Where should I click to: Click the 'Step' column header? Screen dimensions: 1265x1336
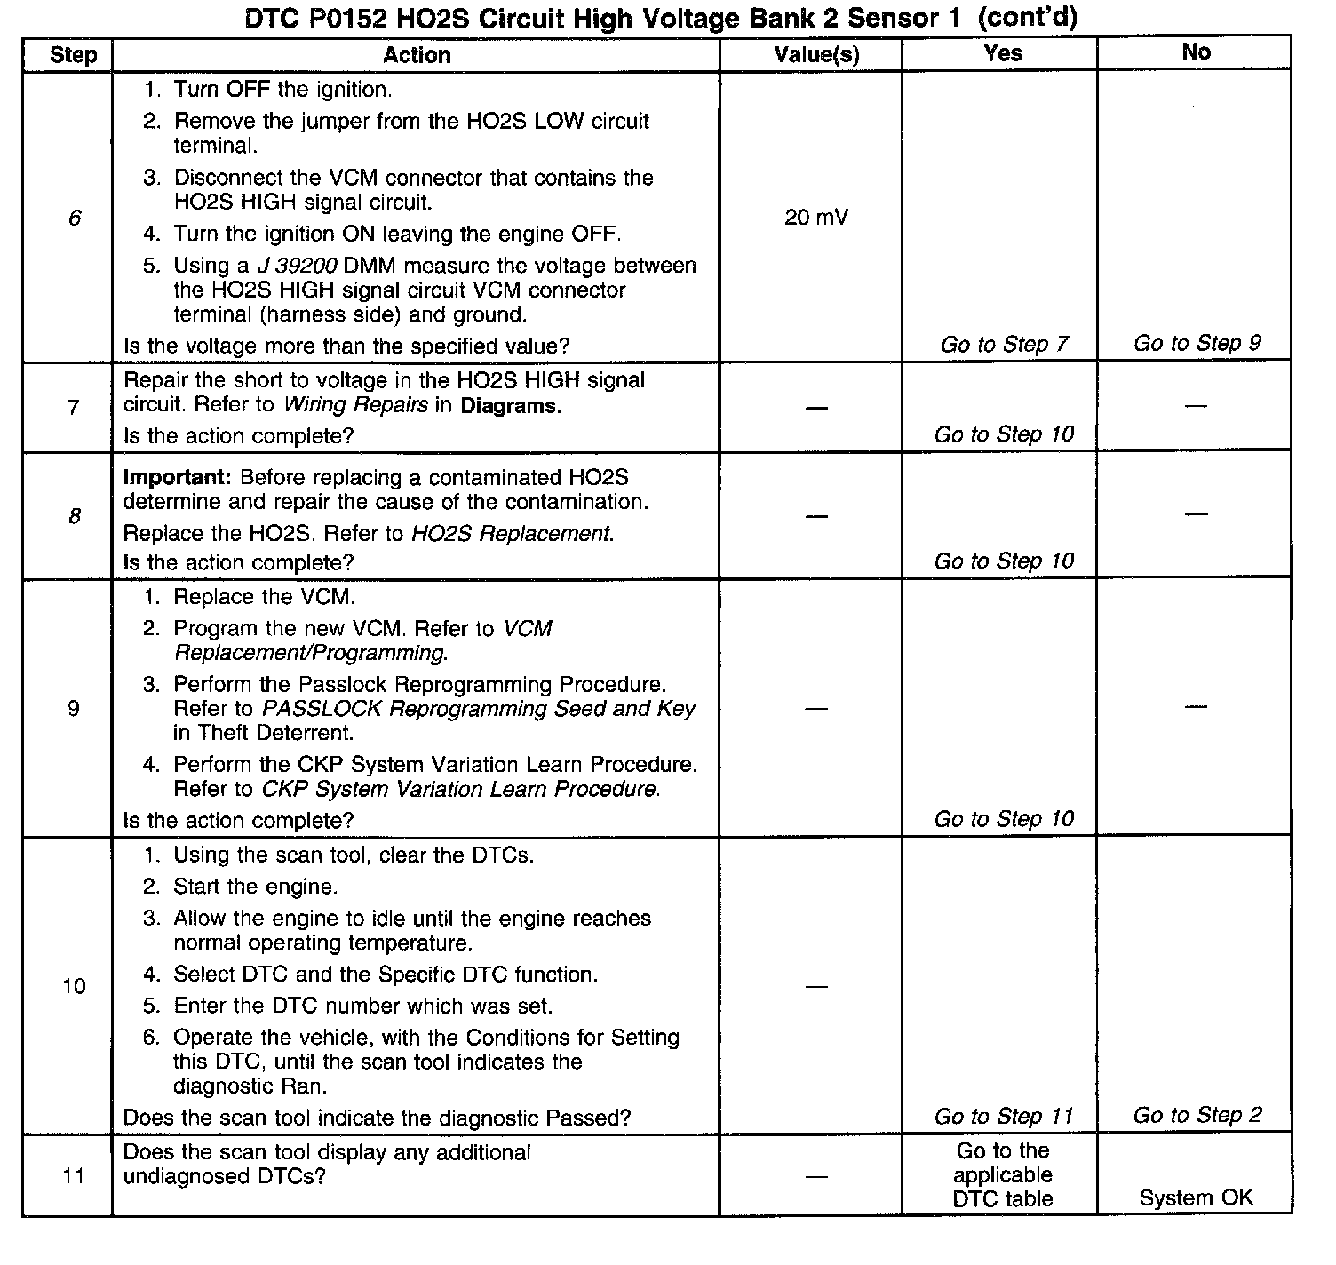tap(73, 55)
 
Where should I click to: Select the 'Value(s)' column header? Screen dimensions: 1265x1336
tap(816, 55)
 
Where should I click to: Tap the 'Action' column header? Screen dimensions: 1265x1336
tap(417, 55)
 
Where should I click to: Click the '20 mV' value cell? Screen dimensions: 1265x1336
tap(816, 217)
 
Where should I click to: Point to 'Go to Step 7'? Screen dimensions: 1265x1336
tap(1004, 345)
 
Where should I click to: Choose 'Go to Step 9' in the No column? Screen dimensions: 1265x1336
tap(1197, 344)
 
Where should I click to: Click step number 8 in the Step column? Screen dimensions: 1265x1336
tap(75, 516)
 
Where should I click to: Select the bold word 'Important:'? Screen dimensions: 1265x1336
tap(177, 477)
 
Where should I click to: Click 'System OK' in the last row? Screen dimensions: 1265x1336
tap(1196, 1197)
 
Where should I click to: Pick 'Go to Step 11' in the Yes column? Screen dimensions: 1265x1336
tap(1004, 1116)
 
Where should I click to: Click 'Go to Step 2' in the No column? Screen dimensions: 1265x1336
tap(1197, 1115)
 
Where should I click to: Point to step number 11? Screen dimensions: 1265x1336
tap(74, 1176)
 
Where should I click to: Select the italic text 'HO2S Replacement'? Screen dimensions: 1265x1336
tap(511, 534)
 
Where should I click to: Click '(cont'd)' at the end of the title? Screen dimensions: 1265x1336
tap(1022, 19)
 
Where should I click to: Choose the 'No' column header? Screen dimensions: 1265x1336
tap(1196, 52)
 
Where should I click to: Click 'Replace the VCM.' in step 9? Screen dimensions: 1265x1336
tap(264, 597)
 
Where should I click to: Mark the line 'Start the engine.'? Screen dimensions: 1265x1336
tap(255, 887)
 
